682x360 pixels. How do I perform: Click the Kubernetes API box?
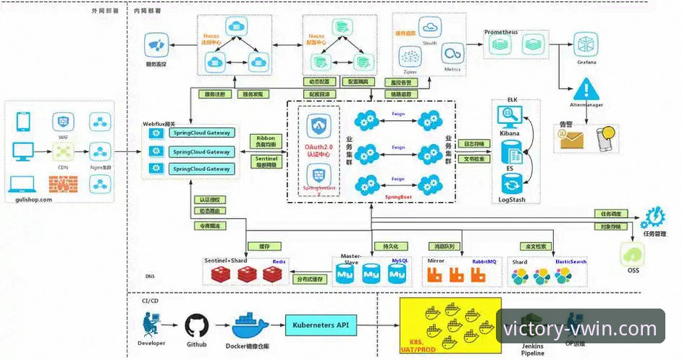[x=322, y=326]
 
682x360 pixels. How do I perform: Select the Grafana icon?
[x=586, y=44]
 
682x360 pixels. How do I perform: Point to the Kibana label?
[x=512, y=135]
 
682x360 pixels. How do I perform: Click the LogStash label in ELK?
[x=511, y=198]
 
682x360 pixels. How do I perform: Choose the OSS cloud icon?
[x=631, y=254]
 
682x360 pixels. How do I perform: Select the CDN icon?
[x=64, y=152]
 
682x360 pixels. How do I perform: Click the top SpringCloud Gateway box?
[x=201, y=133]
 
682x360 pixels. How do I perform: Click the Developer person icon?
[x=151, y=325]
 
